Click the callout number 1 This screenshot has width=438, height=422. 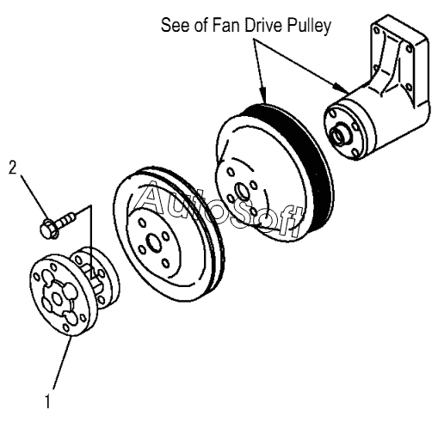click(48, 401)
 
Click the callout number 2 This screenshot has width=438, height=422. click(13, 168)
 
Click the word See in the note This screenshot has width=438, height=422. click(176, 25)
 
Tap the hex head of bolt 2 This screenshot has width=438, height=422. click(48, 229)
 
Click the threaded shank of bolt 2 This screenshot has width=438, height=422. click(66, 218)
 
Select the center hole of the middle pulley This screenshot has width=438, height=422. click(153, 243)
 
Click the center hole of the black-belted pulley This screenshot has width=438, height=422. click(243, 192)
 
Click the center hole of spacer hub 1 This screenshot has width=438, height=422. click(57, 299)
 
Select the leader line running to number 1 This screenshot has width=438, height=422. click(62, 364)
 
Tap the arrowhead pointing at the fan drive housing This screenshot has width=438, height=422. click(342, 87)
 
